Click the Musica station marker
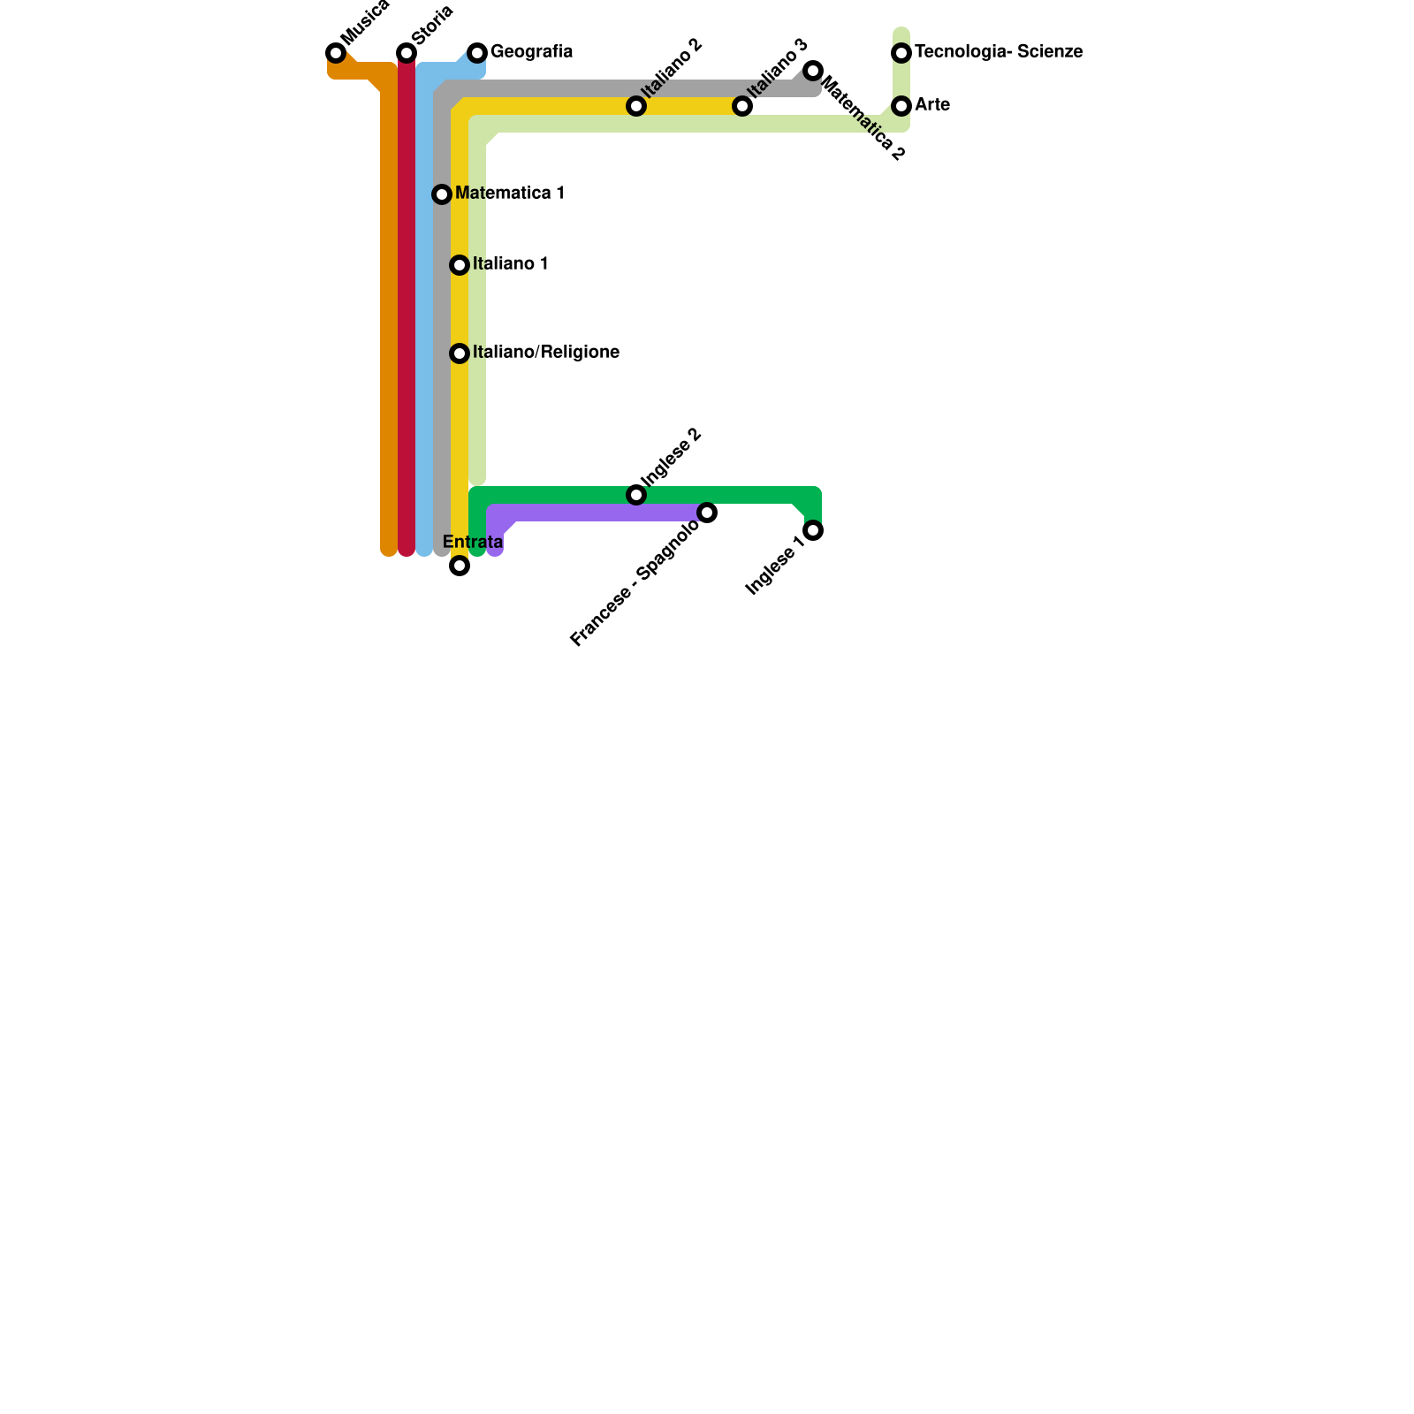[x=336, y=53]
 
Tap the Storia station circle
[x=407, y=53]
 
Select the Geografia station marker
[x=477, y=53]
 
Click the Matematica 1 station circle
[x=442, y=194]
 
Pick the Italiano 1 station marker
[x=460, y=265]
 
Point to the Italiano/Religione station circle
[x=460, y=353]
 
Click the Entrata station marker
[x=460, y=566]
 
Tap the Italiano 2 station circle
[x=636, y=106]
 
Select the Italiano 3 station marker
[x=742, y=106]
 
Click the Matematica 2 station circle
[x=813, y=71]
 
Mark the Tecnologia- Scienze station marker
[x=901, y=53]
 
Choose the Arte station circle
[x=901, y=106]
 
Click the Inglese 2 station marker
[x=636, y=495]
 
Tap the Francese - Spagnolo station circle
[x=707, y=513]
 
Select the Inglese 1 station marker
[x=813, y=530]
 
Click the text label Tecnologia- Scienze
[x=999, y=52]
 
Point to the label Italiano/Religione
[x=545, y=353]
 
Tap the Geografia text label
[x=531, y=52]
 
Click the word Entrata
[x=472, y=542]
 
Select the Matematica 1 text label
[x=509, y=194]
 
